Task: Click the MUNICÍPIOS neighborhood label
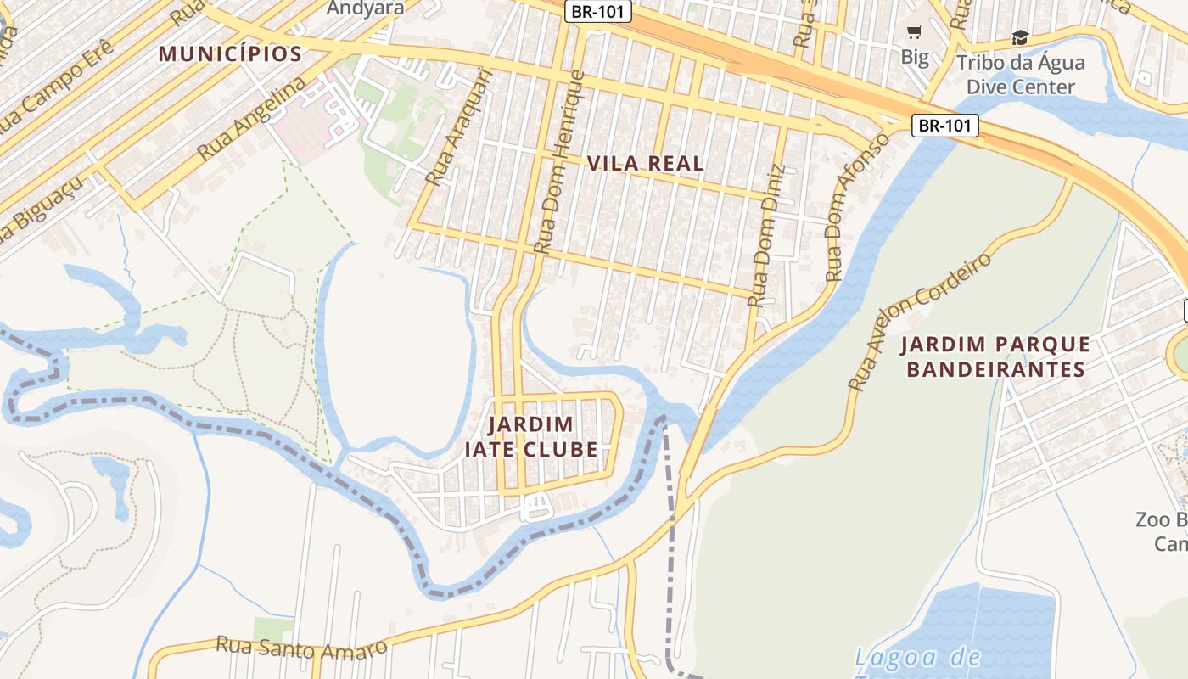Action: (x=230, y=54)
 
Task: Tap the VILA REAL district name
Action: (x=646, y=164)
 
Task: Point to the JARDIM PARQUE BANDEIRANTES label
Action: (x=995, y=356)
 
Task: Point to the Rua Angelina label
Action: (x=251, y=119)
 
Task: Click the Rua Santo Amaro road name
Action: (x=301, y=648)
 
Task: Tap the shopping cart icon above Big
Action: (x=914, y=32)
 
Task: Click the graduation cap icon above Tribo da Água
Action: (x=1020, y=37)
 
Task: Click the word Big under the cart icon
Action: (x=914, y=58)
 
